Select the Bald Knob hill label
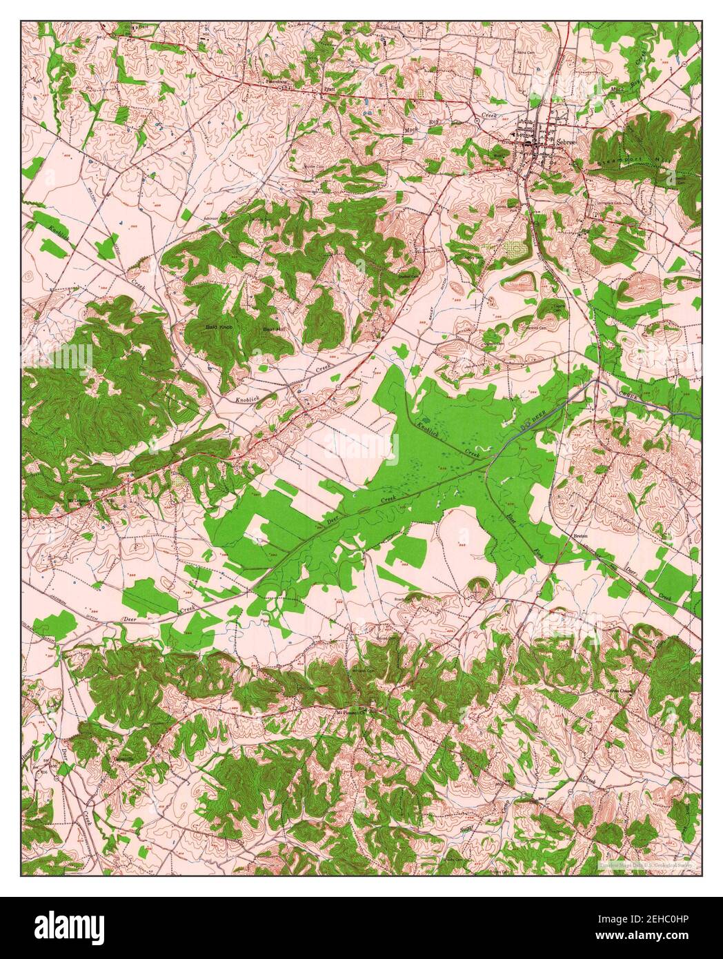218,326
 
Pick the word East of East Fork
511,515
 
